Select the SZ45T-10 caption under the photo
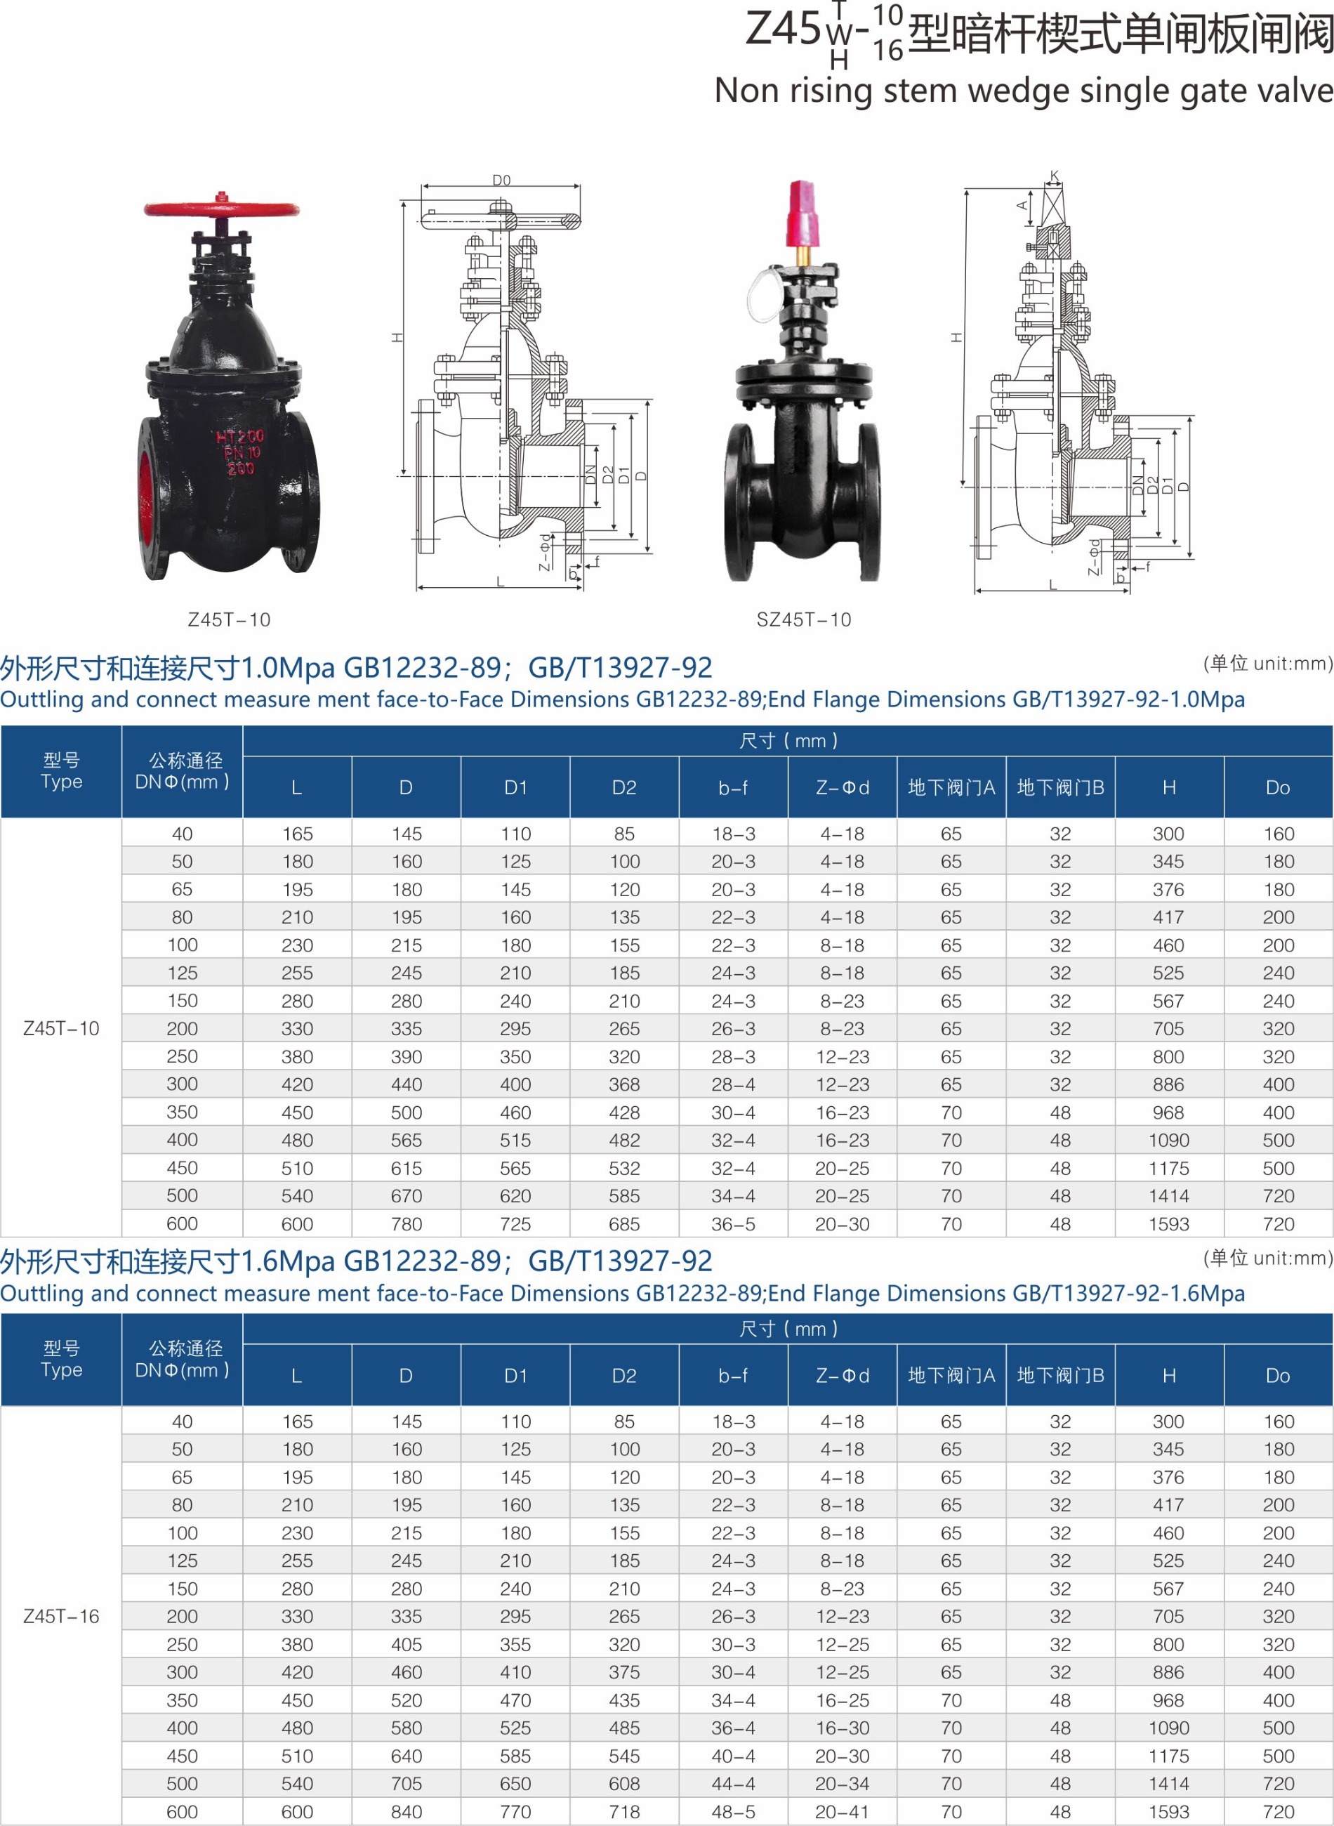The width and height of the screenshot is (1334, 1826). click(x=803, y=619)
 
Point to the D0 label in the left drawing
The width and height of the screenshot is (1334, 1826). click(x=501, y=179)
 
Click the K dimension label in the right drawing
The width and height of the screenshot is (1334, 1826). click(x=1054, y=176)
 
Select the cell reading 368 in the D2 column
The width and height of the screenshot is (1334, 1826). click(x=624, y=1084)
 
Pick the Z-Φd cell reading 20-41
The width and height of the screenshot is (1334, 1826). click(x=843, y=1811)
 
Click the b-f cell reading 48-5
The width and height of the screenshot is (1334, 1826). click(x=733, y=1811)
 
